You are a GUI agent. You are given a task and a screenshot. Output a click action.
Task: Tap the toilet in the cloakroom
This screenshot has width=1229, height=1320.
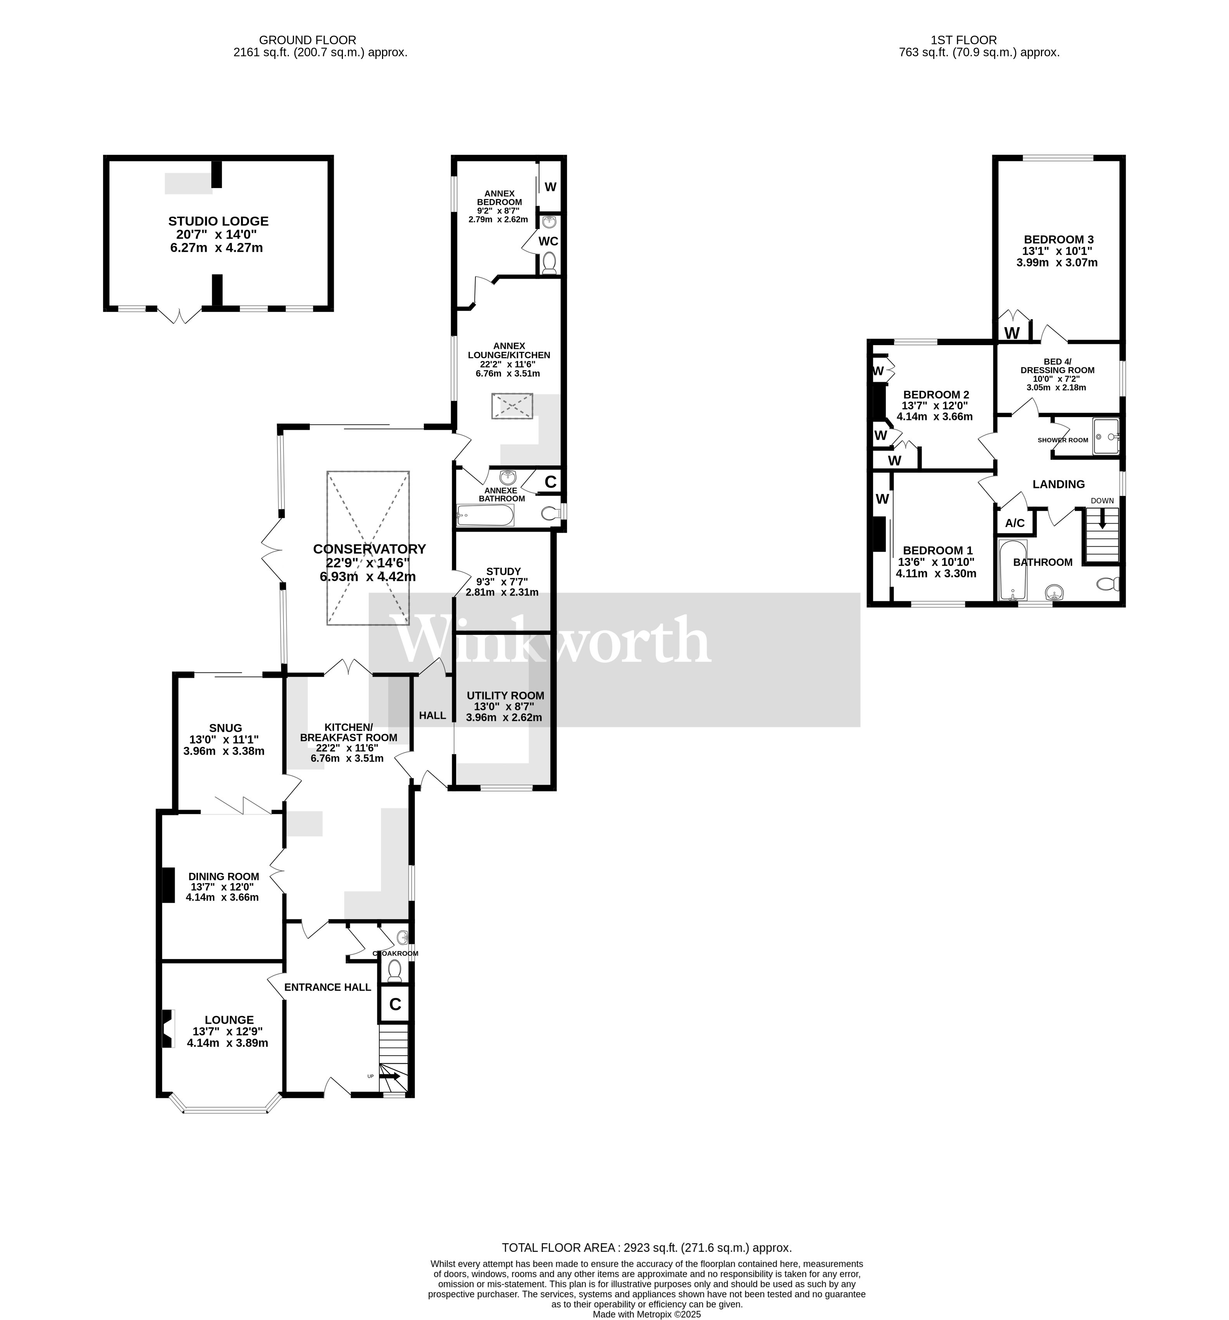[x=394, y=971]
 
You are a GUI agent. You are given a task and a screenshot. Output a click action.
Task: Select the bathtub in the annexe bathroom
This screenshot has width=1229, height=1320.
[x=485, y=515]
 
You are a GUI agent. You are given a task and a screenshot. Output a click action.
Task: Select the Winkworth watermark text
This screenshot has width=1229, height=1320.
[x=552, y=640]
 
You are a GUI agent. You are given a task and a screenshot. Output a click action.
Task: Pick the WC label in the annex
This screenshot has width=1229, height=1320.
[x=548, y=241]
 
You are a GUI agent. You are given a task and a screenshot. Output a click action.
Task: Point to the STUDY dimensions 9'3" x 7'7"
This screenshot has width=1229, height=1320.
[x=503, y=582]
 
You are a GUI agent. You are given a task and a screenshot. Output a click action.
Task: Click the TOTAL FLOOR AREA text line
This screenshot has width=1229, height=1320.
[x=646, y=1247]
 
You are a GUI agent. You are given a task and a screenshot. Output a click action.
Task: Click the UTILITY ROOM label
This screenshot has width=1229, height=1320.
[x=505, y=695]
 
